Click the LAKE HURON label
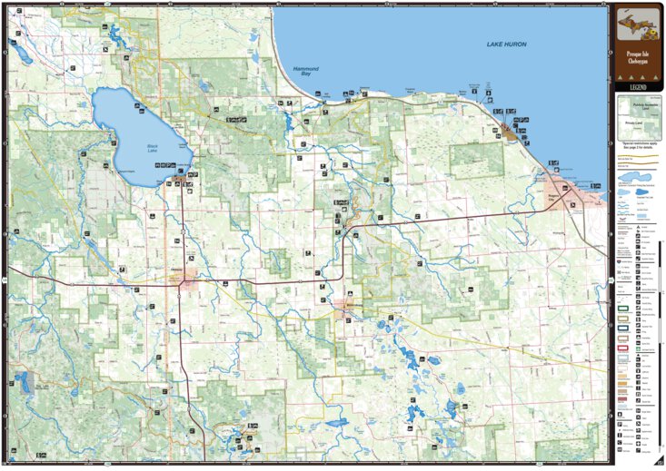(505, 44)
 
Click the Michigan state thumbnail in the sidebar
(634, 27)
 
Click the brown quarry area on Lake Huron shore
(508, 131)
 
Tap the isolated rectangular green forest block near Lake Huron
(476, 160)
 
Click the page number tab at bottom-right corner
(658, 463)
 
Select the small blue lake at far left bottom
(24, 382)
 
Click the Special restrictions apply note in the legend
(634, 144)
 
